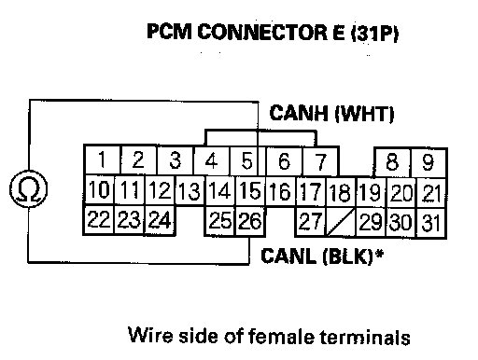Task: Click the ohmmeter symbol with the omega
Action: click(29, 188)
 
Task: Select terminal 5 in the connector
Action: click(246, 160)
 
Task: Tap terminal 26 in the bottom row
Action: click(250, 221)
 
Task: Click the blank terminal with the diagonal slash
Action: click(340, 222)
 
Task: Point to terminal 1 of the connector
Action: click(102, 159)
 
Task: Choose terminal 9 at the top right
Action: click(429, 162)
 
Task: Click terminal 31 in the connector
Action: click(431, 223)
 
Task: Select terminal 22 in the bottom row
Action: click(99, 219)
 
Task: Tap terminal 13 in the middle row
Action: click(190, 190)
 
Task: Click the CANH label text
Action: click(299, 113)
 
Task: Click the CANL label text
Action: click(289, 256)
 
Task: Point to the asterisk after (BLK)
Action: click(379, 254)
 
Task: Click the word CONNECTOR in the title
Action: click(262, 32)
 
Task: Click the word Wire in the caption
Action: click(150, 335)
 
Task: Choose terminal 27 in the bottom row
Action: click(310, 221)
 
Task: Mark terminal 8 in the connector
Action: click(392, 161)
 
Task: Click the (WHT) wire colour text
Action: click(364, 114)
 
